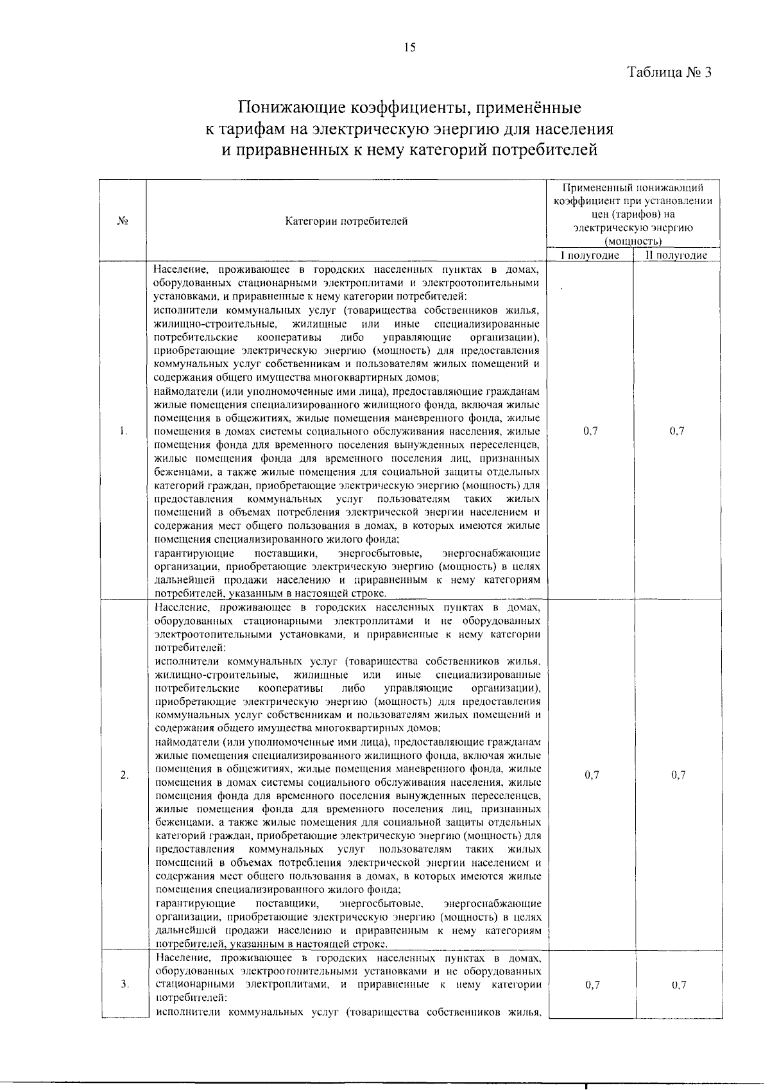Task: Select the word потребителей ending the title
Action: [x=543, y=150]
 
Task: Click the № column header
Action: [x=123, y=221]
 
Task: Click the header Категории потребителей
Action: [x=346, y=221]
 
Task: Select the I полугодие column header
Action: [x=590, y=255]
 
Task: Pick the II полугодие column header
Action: [x=676, y=255]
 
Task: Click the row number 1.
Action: [x=123, y=431]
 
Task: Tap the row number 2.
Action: [x=124, y=775]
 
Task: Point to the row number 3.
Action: [x=124, y=984]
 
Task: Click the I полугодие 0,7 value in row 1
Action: [x=591, y=431]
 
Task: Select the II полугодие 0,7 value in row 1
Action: [x=677, y=431]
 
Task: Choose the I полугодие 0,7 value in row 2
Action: [x=592, y=775]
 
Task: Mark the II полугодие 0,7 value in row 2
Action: [x=678, y=775]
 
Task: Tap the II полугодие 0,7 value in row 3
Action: [x=679, y=985]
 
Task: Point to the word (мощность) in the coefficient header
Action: [x=633, y=241]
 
